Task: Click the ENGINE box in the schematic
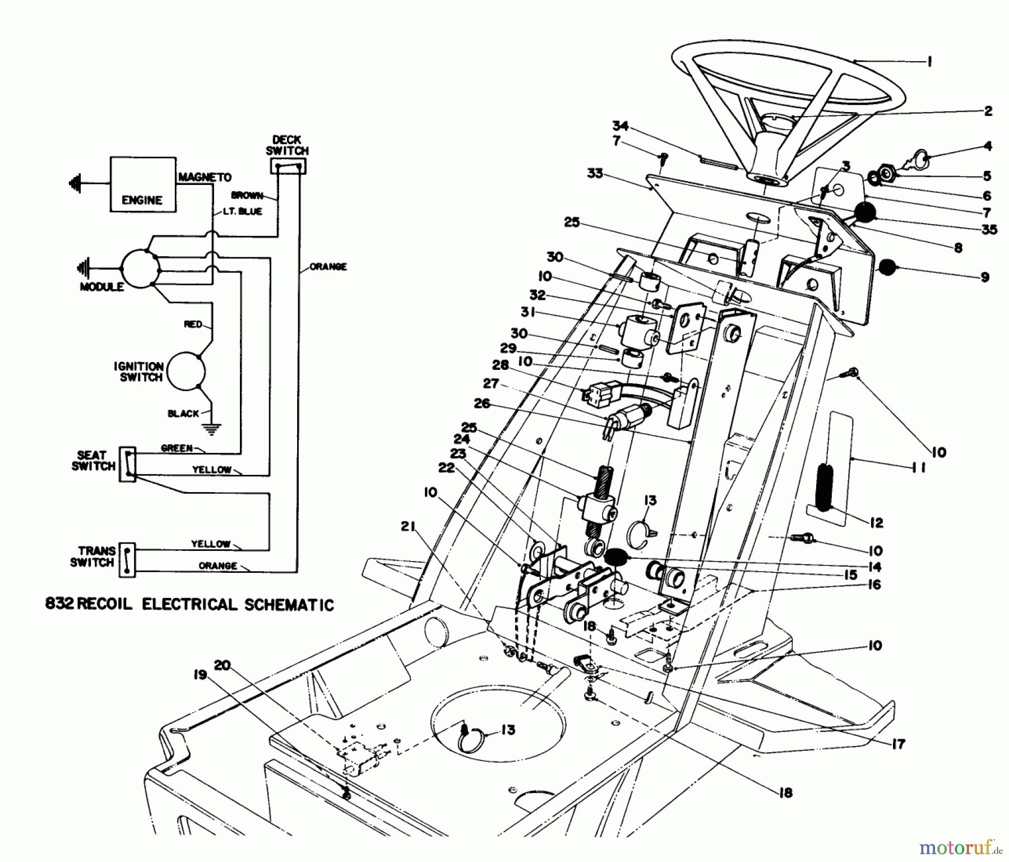[x=142, y=184]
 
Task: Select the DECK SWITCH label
[x=287, y=145]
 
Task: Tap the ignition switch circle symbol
[x=187, y=370]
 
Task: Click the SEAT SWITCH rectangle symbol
[x=128, y=465]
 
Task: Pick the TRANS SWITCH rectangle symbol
[x=128, y=560]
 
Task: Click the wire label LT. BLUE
[x=242, y=211]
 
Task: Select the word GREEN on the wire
[x=177, y=448]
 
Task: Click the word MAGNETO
[x=205, y=177]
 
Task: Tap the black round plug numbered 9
[x=887, y=267]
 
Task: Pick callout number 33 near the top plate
[x=595, y=173]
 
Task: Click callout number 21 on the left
[x=409, y=526]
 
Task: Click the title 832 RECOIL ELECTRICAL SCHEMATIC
[x=189, y=605]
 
